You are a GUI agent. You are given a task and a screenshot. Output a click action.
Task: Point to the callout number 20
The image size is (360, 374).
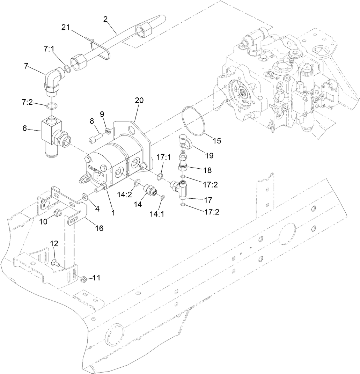tap(139, 101)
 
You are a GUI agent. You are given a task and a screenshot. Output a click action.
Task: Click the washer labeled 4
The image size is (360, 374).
tap(85, 198)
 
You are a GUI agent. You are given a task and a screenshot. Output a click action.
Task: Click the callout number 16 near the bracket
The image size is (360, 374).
tap(99, 228)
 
